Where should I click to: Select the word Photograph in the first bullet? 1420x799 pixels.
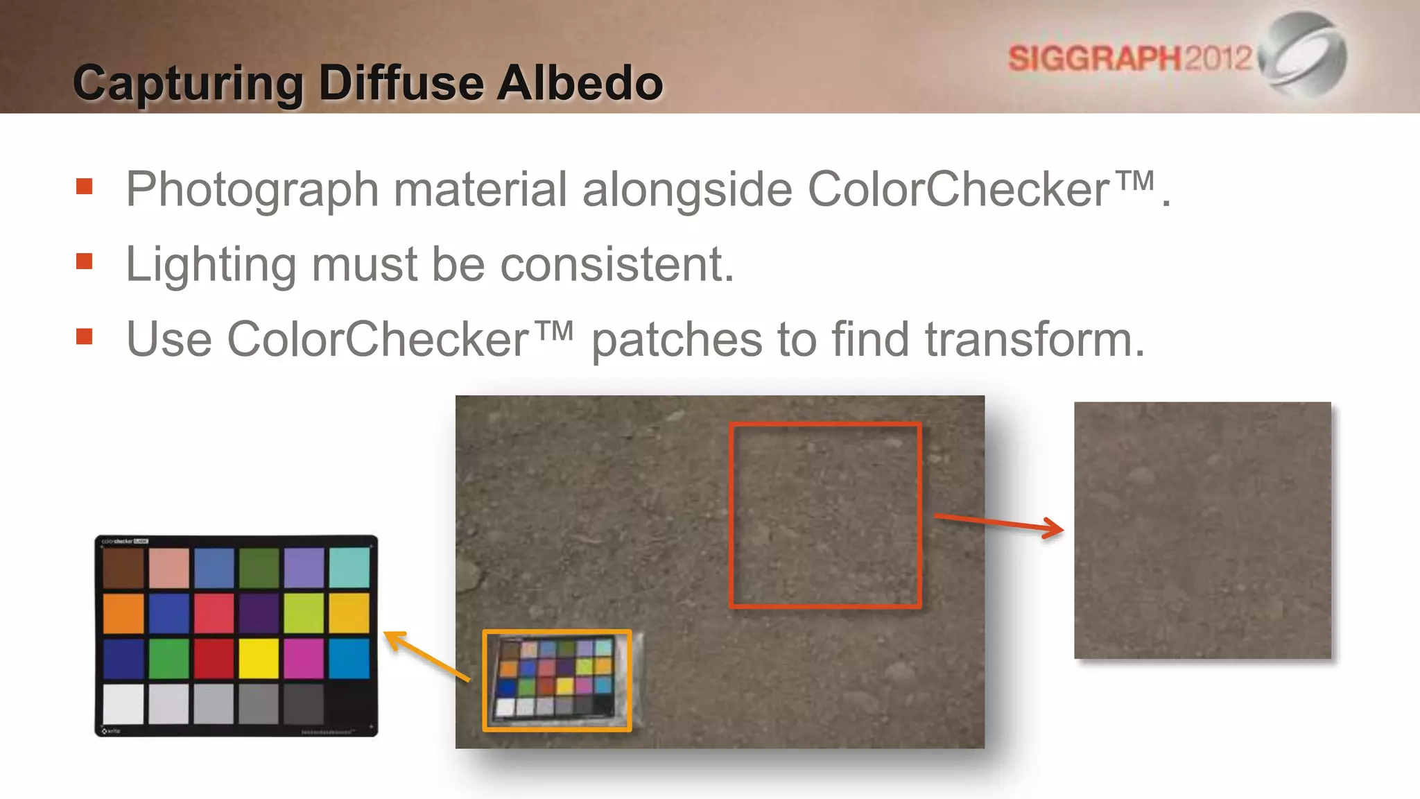(252, 189)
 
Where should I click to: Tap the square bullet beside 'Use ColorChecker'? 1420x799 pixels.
(85, 336)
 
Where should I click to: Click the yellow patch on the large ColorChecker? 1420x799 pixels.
(259, 658)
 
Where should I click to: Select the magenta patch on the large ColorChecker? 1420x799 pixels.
(304, 658)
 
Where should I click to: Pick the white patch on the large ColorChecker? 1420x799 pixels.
(123, 703)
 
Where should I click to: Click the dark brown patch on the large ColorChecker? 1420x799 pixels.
(123, 567)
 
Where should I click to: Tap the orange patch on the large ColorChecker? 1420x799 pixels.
(123, 613)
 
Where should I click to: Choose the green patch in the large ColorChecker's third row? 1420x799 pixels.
(168, 658)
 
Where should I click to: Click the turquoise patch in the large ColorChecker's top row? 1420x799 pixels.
(349, 567)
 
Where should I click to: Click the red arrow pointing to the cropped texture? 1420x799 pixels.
(998, 522)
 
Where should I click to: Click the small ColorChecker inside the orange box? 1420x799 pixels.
(557, 680)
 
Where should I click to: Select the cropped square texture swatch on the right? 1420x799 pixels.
(1202, 530)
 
